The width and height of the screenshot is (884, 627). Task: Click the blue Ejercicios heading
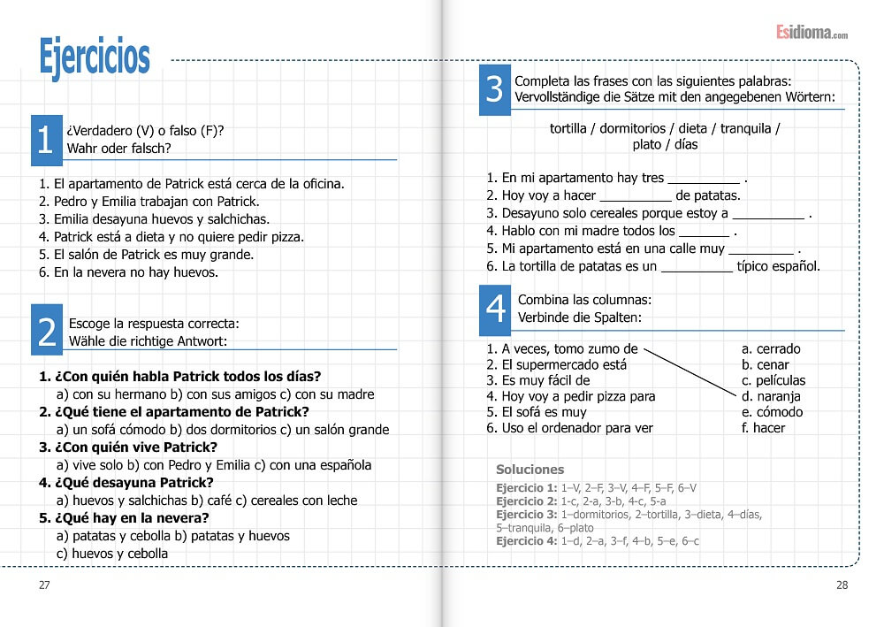tap(95, 57)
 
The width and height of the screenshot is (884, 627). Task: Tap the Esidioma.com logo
tap(812, 33)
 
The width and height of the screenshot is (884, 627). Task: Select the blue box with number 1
tap(45, 140)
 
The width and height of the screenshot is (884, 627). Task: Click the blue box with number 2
tap(47, 331)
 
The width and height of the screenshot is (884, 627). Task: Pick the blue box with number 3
tap(495, 89)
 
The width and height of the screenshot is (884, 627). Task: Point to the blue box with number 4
tap(496, 308)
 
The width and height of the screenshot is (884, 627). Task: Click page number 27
tap(44, 585)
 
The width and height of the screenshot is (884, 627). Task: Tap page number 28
tap(842, 585)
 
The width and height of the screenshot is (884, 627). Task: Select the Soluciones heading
tap(530, 470)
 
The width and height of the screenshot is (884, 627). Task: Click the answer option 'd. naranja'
tap(771, 396)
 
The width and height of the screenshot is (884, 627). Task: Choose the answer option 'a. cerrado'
tap(771, 348)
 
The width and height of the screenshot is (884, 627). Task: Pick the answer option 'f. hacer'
tap(764, 428)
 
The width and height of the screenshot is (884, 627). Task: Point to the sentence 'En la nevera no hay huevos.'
tap(135, 272)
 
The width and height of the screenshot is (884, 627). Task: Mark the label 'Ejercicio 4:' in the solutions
tap(527, 540)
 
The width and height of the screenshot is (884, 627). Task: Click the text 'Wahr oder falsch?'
tap(119, 149)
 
